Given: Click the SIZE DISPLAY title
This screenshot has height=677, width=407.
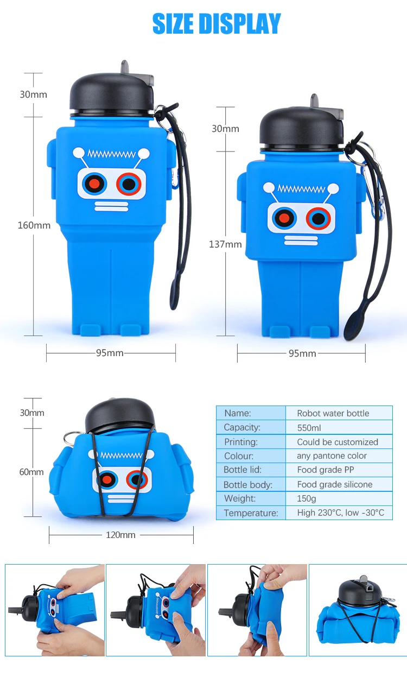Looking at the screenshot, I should (216, 23).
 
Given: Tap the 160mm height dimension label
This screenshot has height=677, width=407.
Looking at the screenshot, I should (34, 225).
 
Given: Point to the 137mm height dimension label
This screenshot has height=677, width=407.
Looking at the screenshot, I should (225, 244).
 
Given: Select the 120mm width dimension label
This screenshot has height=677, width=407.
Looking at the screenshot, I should (120, 535).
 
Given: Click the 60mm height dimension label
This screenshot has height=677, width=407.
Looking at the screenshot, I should (31, 472).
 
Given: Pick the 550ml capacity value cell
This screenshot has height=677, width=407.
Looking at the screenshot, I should (339, 428).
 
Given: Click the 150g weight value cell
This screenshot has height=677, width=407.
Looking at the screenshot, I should (339, 498).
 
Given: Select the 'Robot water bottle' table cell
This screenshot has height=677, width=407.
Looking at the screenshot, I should (339, 413).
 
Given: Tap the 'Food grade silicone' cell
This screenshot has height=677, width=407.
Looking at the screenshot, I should (339, 484).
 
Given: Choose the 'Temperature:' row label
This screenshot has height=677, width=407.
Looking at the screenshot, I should (251, 513).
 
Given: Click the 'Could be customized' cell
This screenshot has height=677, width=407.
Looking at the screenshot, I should (339, 442).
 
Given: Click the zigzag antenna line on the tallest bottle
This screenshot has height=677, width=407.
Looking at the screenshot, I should (111, 154).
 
